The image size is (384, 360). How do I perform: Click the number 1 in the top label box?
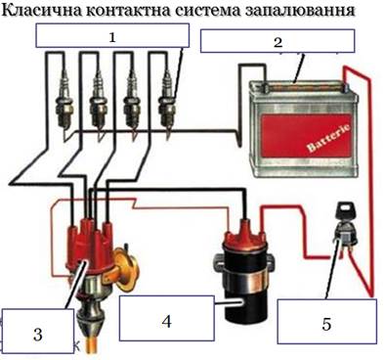pyautogui.click(x=112, y=38)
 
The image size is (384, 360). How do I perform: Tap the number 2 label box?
pyautogui.click(x=277, y=41)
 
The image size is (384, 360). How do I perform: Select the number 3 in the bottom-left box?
pyautogui.click(x=38, y=335)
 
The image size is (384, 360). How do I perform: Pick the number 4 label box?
pyautogui.click(x=167, y=319)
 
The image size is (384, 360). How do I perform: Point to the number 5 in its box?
pyautogui.click(x=326, y=324)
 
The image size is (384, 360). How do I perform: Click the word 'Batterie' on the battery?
pyautogui.click(x=329, y=138)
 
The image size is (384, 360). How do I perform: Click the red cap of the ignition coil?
pyautogui.click(x=244, y=234)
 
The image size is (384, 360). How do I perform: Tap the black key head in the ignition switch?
pyautogui.click(x=346, y=209)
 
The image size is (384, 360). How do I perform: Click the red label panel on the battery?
pyautogui.click(x=306, y=134)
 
